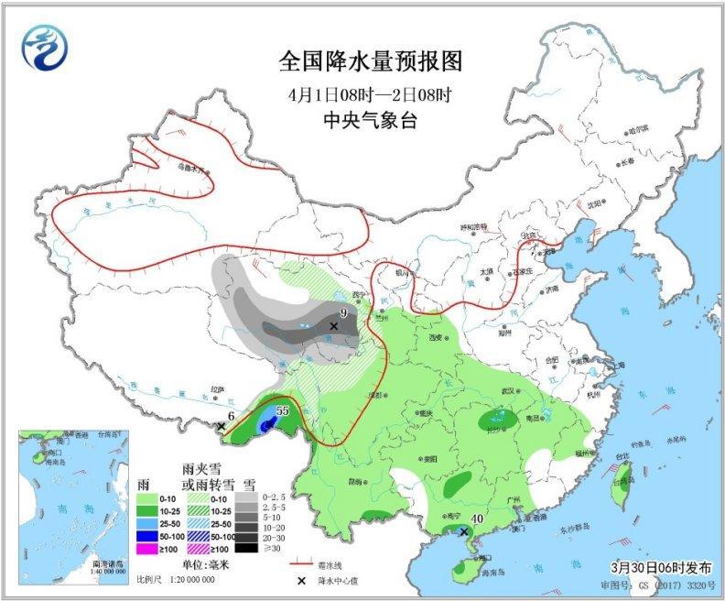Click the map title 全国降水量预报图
point(370,61)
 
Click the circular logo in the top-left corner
point(47,47)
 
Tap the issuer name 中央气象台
point(370,120)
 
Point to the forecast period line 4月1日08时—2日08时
point(370,93)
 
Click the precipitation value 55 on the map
point(282,411)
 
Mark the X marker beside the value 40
point(464,531)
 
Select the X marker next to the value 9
point(334,326)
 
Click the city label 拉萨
point(217,389)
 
